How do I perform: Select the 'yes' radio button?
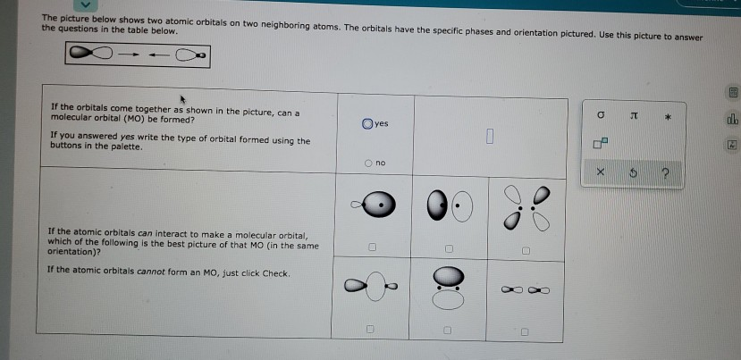click(x=367, y=123)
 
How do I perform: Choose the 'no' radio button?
click(x=367, y=163)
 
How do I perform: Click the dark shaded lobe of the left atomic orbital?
click(x=80, y=54)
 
